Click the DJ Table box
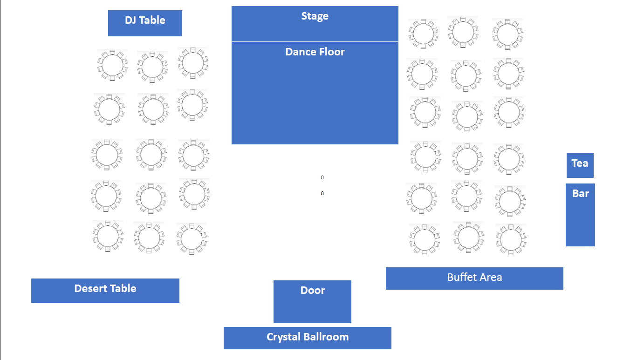[x=145, y=23]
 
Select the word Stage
[x=315, y=16]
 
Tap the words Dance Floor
[x=315, y=52]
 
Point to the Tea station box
[x=580, y=165]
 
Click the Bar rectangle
[x=580, y=215]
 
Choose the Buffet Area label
[x=474, y=278]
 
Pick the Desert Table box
[x=105, y=291]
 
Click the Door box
[x=312, y=301]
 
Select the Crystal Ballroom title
[x=307, y=337]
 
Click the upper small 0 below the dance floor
[x=322, y=177]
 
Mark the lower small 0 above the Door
[x=322, y=193]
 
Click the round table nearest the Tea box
[x=509, y=158]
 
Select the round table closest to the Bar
[x=510, y=201]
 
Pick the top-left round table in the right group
[x=423, y=34]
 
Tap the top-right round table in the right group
[x=507, y=34]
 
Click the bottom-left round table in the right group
[x=424, y=239]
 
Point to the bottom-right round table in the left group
[x=192, y=238]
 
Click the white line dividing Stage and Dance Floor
[x=315, y=41]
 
